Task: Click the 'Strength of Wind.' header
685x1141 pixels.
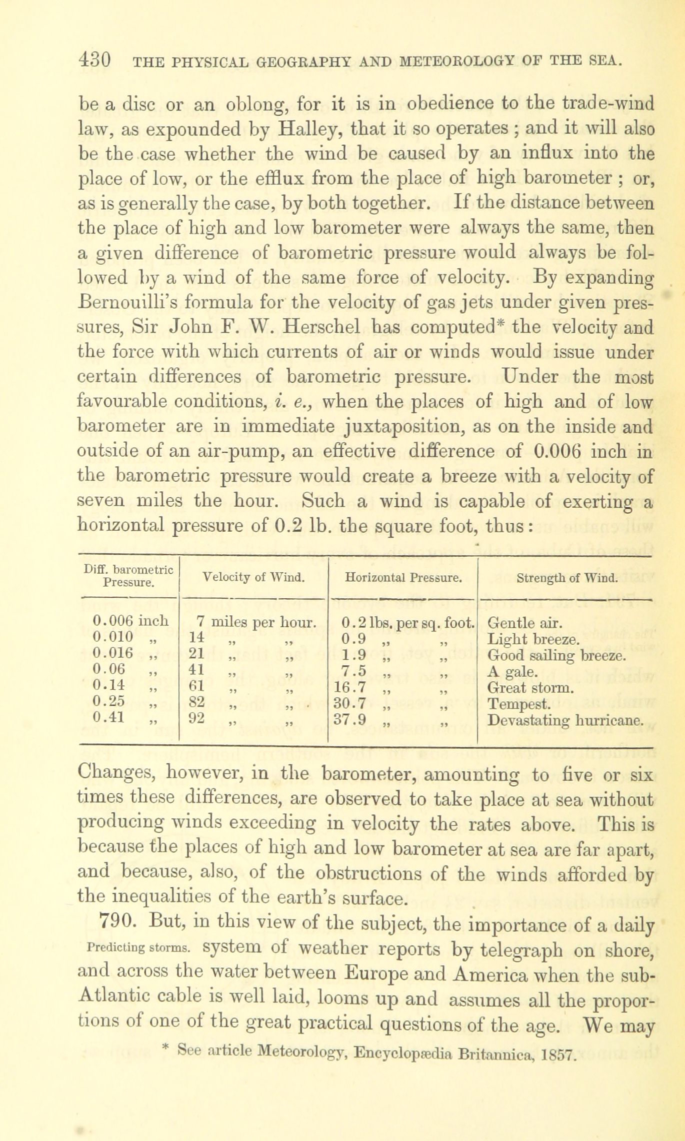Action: point(567,578)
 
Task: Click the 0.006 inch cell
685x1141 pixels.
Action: point(130,622)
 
